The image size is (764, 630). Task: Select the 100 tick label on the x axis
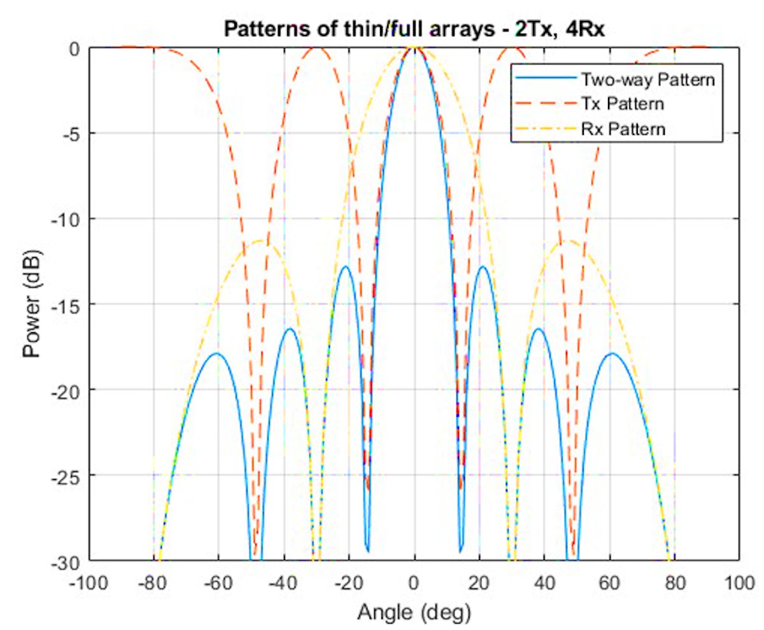(739, 582)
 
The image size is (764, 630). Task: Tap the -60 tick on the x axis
(218, 582)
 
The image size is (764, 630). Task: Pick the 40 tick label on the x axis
(544, 582)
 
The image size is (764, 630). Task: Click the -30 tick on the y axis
(68, 560)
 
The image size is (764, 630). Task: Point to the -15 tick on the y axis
(68, 304)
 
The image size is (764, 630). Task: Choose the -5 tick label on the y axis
(71, 134)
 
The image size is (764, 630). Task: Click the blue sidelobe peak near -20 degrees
(346, 266)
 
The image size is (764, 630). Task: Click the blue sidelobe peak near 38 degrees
(539, 328)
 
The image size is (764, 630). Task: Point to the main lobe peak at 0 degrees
(414, 48)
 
